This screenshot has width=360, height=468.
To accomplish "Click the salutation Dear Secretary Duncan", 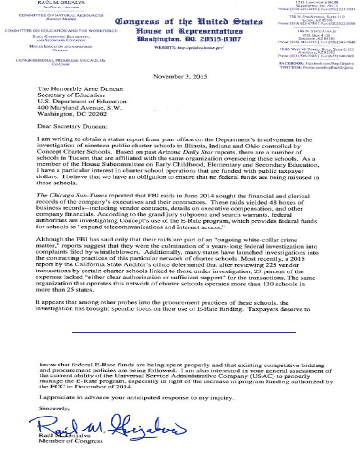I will point(74,125).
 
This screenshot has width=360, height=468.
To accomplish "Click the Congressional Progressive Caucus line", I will point(61,61).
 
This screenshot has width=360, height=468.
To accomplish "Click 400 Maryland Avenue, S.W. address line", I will point(79,108).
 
